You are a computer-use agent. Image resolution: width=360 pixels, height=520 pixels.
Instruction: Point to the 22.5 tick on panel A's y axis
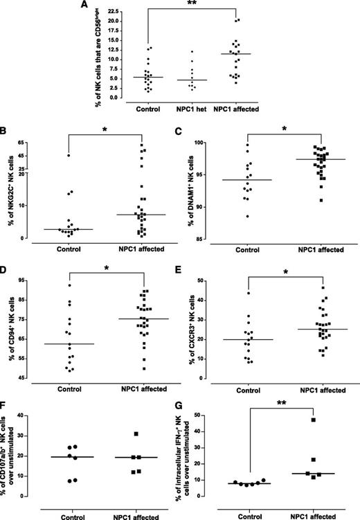pos(116,12)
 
